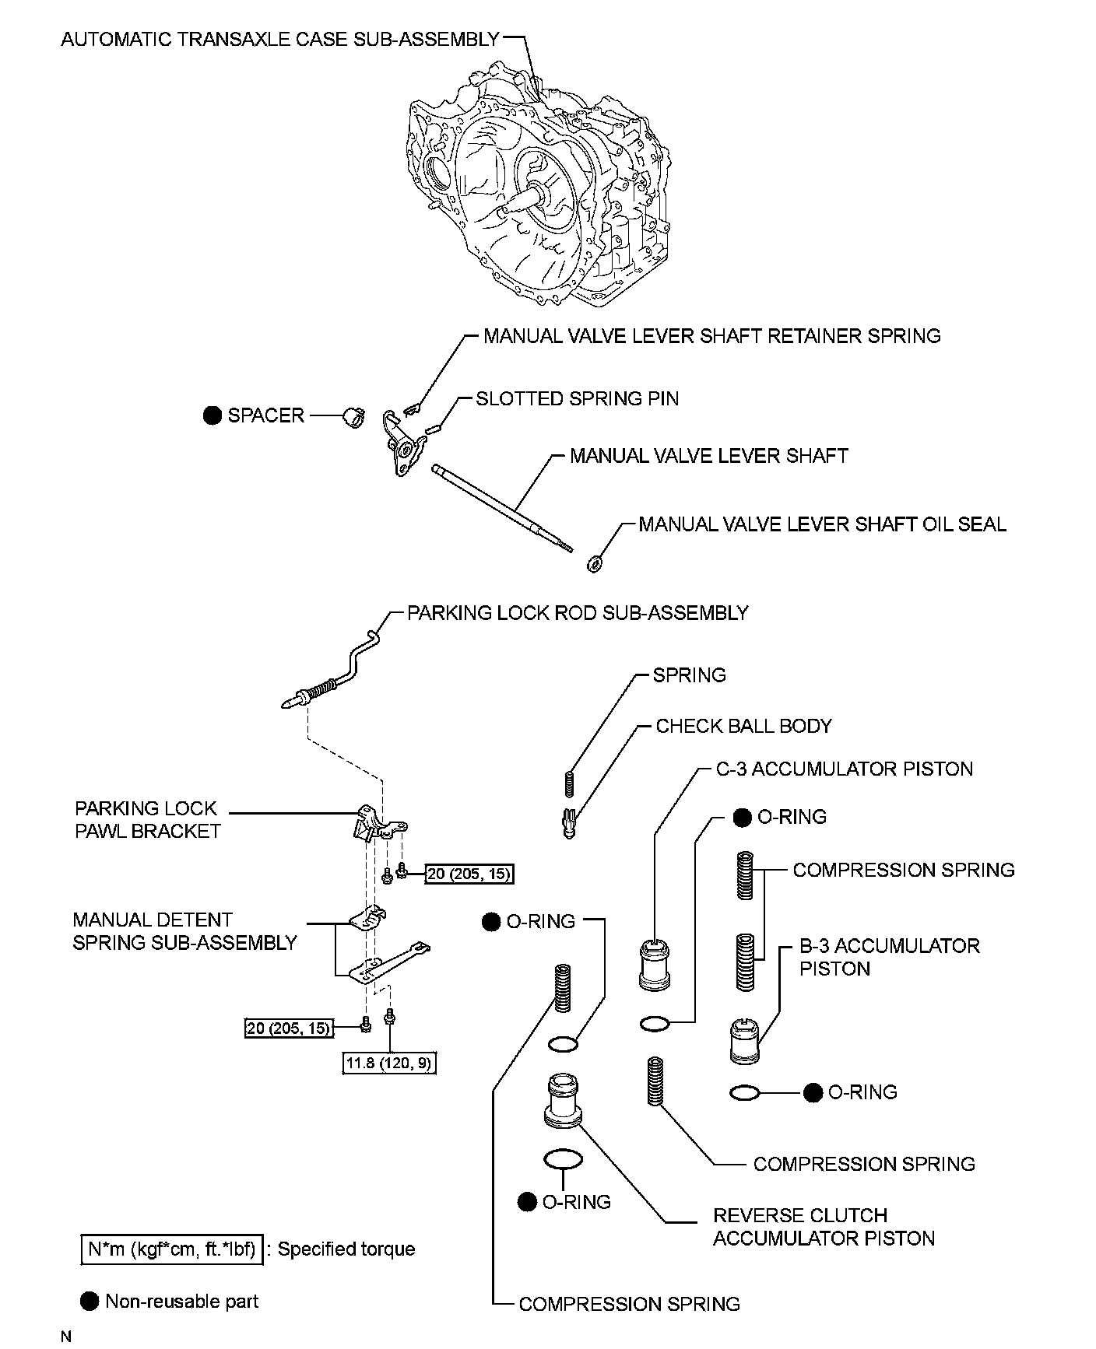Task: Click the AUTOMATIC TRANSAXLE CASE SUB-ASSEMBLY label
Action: point(280,39)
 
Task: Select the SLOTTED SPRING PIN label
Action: point(577,399)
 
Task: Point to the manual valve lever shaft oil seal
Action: point(594,563)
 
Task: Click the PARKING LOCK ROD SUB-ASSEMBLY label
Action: point(578,613)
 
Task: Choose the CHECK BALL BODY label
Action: point(743,726)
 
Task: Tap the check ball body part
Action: point(569,822)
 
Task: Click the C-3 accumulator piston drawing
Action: point(655,965)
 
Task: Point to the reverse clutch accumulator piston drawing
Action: point(564,1101)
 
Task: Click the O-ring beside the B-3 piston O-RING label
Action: point(745,1093)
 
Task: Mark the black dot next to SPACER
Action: point(212,415)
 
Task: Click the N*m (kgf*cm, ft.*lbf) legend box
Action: point(172,1249)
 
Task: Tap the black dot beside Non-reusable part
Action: point(90,1302)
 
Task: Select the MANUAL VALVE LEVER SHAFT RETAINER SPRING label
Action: point(711,336)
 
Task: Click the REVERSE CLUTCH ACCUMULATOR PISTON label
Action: point(823,1227)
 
